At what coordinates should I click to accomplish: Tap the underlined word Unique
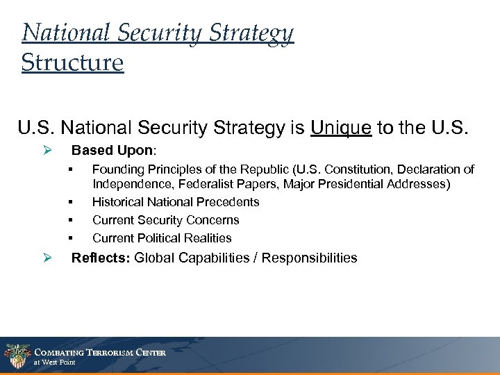tap(341, 127)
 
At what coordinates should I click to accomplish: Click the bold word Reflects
tap(101, 258)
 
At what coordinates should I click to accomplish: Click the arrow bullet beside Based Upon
tap(48, 150)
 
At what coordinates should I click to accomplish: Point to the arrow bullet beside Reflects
tap(48, 258)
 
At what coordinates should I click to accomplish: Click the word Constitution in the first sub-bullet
tap(360, 169)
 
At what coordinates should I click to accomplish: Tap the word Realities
tap(206, 238)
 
